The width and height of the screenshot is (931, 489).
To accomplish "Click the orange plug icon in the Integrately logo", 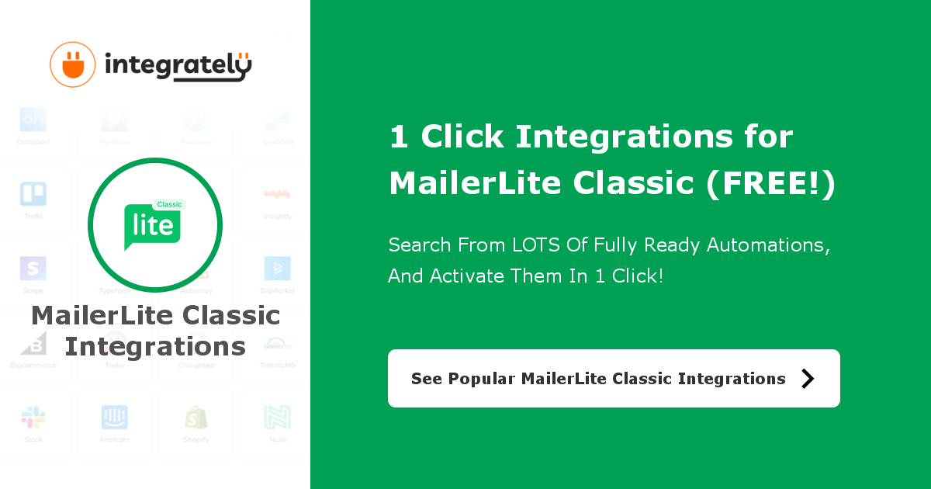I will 72,64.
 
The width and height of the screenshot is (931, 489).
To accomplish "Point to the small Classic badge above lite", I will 169,205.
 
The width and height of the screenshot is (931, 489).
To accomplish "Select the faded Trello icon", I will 33,194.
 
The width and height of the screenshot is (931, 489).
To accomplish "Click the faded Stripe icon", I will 33,269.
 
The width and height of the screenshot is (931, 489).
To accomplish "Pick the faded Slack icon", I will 33,418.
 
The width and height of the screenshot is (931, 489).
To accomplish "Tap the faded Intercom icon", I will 115,418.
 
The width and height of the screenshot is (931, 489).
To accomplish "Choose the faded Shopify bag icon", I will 196,418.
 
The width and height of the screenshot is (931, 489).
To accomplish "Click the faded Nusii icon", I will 277,418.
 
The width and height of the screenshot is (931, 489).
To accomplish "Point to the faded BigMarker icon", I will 277,269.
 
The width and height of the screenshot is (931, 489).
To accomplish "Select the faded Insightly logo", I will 277,193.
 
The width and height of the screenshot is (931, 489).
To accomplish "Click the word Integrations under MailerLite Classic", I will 155,347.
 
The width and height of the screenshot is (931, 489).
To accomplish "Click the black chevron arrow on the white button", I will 808,378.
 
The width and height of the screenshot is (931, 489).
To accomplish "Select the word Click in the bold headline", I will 462,137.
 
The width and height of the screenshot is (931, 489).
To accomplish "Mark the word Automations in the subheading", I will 768,245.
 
